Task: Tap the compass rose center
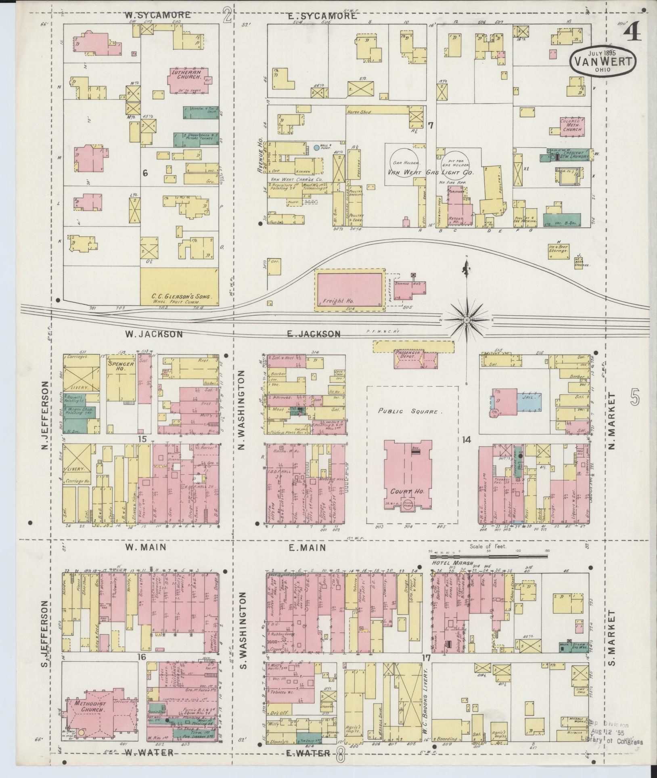pos(467,320)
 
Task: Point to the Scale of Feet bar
pos(488,556)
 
